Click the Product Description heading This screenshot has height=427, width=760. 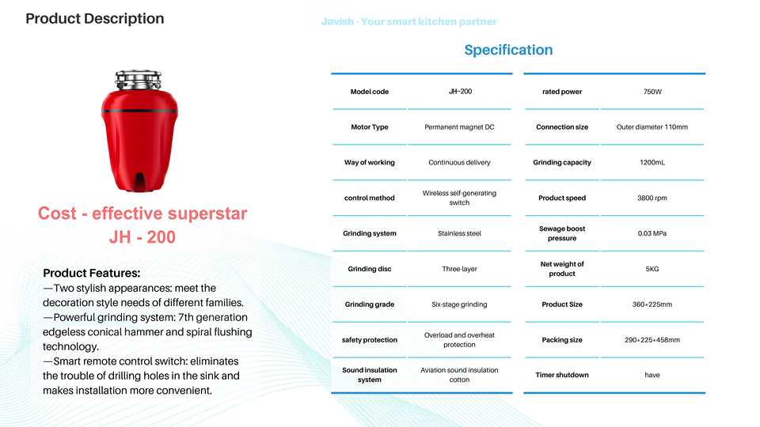(95, 19)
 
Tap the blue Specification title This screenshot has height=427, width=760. (508, 50)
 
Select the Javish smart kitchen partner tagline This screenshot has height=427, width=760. (408, 22)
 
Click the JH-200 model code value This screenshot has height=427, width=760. (460, 92)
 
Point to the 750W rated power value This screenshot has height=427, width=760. (652, 92)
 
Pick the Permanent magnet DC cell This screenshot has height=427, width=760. (459, 127)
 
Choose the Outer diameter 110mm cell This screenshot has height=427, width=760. (652, 127)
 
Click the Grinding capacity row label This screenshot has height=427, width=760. (562, 163)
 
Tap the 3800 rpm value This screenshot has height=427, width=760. (652, 198)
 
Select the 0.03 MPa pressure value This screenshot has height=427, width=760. (652, 233)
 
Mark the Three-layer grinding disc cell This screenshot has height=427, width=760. (459, 269)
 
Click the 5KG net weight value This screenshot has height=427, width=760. (652, 269)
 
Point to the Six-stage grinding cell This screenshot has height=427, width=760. (459, 304)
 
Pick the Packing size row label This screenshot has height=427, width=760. (562, 340)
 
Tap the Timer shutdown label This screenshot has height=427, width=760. (562, 375)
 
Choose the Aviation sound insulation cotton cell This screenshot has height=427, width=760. (459, 375)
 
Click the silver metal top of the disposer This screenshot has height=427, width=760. (138, 80)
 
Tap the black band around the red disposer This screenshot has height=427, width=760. (139, 111)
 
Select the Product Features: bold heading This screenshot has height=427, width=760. (92, 273)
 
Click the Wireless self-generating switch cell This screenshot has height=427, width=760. (459, 198)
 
